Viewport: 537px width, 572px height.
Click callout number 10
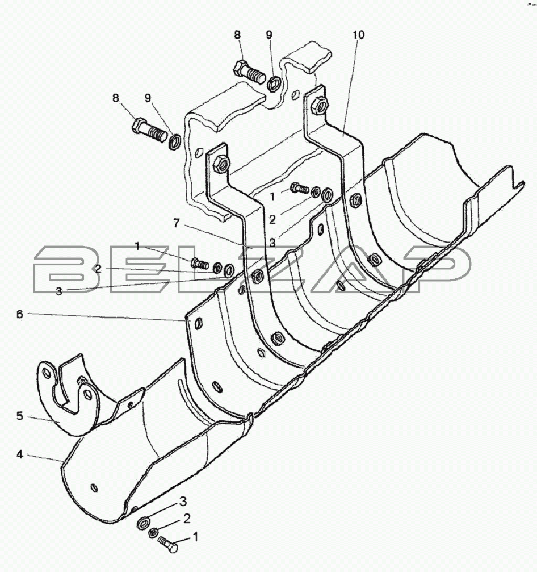358,35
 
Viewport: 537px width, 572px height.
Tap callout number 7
177,223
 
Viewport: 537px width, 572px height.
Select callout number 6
20,314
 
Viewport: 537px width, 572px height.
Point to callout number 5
20,416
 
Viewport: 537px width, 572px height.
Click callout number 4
20,454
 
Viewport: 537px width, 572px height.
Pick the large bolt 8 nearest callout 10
249,72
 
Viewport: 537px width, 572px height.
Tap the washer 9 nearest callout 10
274,85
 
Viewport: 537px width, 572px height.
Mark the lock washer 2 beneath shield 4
153,533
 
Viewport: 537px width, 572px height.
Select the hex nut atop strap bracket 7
221,164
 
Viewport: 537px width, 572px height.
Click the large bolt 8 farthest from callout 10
148,132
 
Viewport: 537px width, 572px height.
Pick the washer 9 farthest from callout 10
174,141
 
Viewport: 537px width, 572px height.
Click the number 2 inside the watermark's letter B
98,269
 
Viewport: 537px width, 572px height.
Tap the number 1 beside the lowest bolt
195,537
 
